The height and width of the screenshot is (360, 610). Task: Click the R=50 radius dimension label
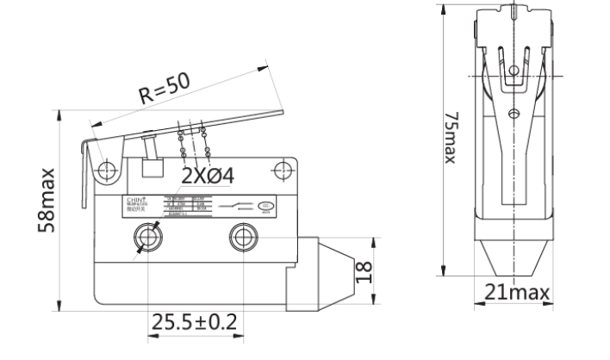(x=165, y=88)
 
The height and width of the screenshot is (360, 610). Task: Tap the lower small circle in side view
(x=514, y=113)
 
